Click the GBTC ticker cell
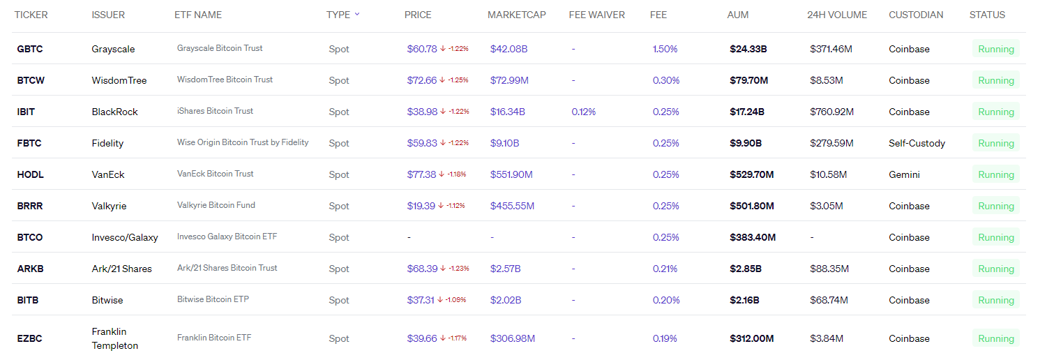29,49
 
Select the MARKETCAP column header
516,15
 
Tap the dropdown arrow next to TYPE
357,14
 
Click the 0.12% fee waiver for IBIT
583,112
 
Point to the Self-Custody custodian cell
917,143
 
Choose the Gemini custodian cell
904,174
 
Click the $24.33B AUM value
748,49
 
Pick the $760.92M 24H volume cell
831,112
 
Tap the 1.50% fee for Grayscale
665,49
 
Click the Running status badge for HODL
995,174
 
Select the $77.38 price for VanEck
421,174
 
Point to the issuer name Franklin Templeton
115,338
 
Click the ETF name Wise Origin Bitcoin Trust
242,142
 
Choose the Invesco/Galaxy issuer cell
125,237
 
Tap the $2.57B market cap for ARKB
505,269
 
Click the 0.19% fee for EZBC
665,338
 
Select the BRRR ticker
30,206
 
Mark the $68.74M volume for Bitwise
829,300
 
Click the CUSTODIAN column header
915,15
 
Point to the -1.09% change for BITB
456,300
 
